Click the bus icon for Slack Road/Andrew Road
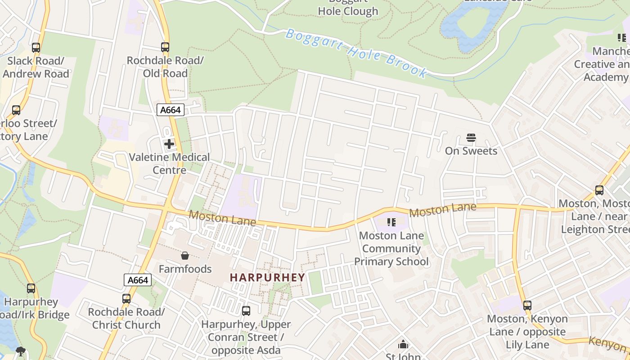[x=36, y=47]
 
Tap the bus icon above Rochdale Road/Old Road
[x=165, y=47]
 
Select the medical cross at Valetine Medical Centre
[x=169, y=144]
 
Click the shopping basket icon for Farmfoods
[x=185, y=256]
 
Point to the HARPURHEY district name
[x=267, y=277]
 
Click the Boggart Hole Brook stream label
[x=356, y=53]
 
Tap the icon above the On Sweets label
[x=471, y=138]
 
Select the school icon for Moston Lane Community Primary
[x=391, y=222]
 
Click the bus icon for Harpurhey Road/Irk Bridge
[x=31, y=288]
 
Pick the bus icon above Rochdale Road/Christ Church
[x=126, y=298]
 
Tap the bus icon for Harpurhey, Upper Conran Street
[x=246, y=310]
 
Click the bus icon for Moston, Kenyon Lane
[x=527, y=306]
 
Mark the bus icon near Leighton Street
[x=599, y=190]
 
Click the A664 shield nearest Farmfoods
[x=138, y=280]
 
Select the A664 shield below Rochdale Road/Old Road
[x=171, y=110]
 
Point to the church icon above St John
[x=403, y=345]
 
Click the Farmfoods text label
[x=185, y=269]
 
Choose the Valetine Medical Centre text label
[x=169, y=163]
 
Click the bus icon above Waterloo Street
[x=16, y=110]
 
